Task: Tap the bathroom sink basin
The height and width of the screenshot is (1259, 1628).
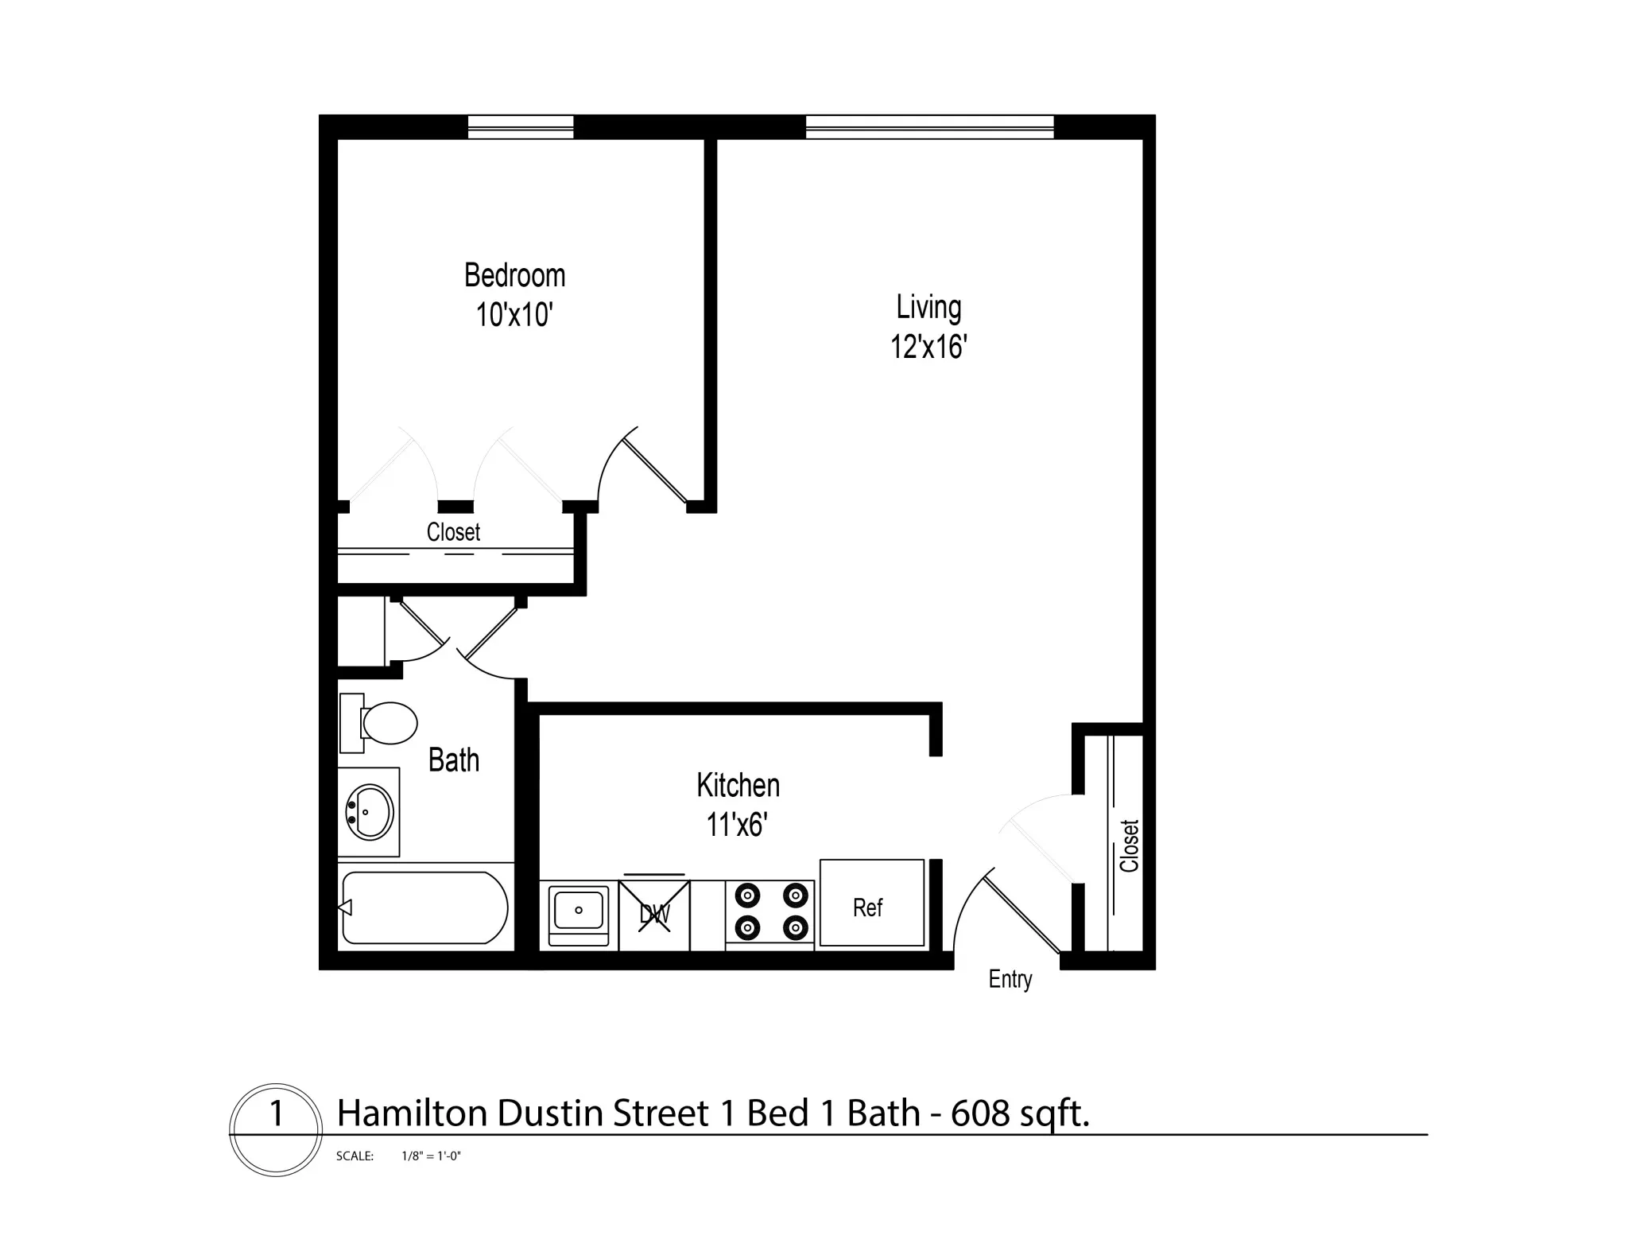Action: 370,812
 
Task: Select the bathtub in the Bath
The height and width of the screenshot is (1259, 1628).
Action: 424,907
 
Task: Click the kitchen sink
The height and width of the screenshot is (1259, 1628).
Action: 579,911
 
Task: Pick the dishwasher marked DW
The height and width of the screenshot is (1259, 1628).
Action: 654,914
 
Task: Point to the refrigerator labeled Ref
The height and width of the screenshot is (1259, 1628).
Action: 871,904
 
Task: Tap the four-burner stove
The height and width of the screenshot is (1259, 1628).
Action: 770,911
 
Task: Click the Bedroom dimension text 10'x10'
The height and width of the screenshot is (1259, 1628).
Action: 514,316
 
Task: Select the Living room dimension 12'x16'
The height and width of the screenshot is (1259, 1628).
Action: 928,348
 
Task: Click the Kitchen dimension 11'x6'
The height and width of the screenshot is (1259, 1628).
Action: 737,826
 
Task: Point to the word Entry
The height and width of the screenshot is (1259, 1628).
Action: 1010,979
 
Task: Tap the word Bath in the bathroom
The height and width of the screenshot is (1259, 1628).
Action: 454,760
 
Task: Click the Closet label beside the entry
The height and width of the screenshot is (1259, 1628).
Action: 1130,845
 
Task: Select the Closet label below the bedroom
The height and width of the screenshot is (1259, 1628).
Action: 453,532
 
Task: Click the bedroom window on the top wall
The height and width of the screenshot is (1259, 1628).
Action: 521,127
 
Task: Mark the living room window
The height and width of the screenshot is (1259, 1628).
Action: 929,127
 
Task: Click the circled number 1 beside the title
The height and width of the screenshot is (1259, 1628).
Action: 276,1114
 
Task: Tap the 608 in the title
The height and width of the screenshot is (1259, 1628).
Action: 980,1113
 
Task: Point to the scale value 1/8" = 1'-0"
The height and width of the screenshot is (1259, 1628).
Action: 431,1156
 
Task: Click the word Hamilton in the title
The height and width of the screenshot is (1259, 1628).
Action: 413,1113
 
